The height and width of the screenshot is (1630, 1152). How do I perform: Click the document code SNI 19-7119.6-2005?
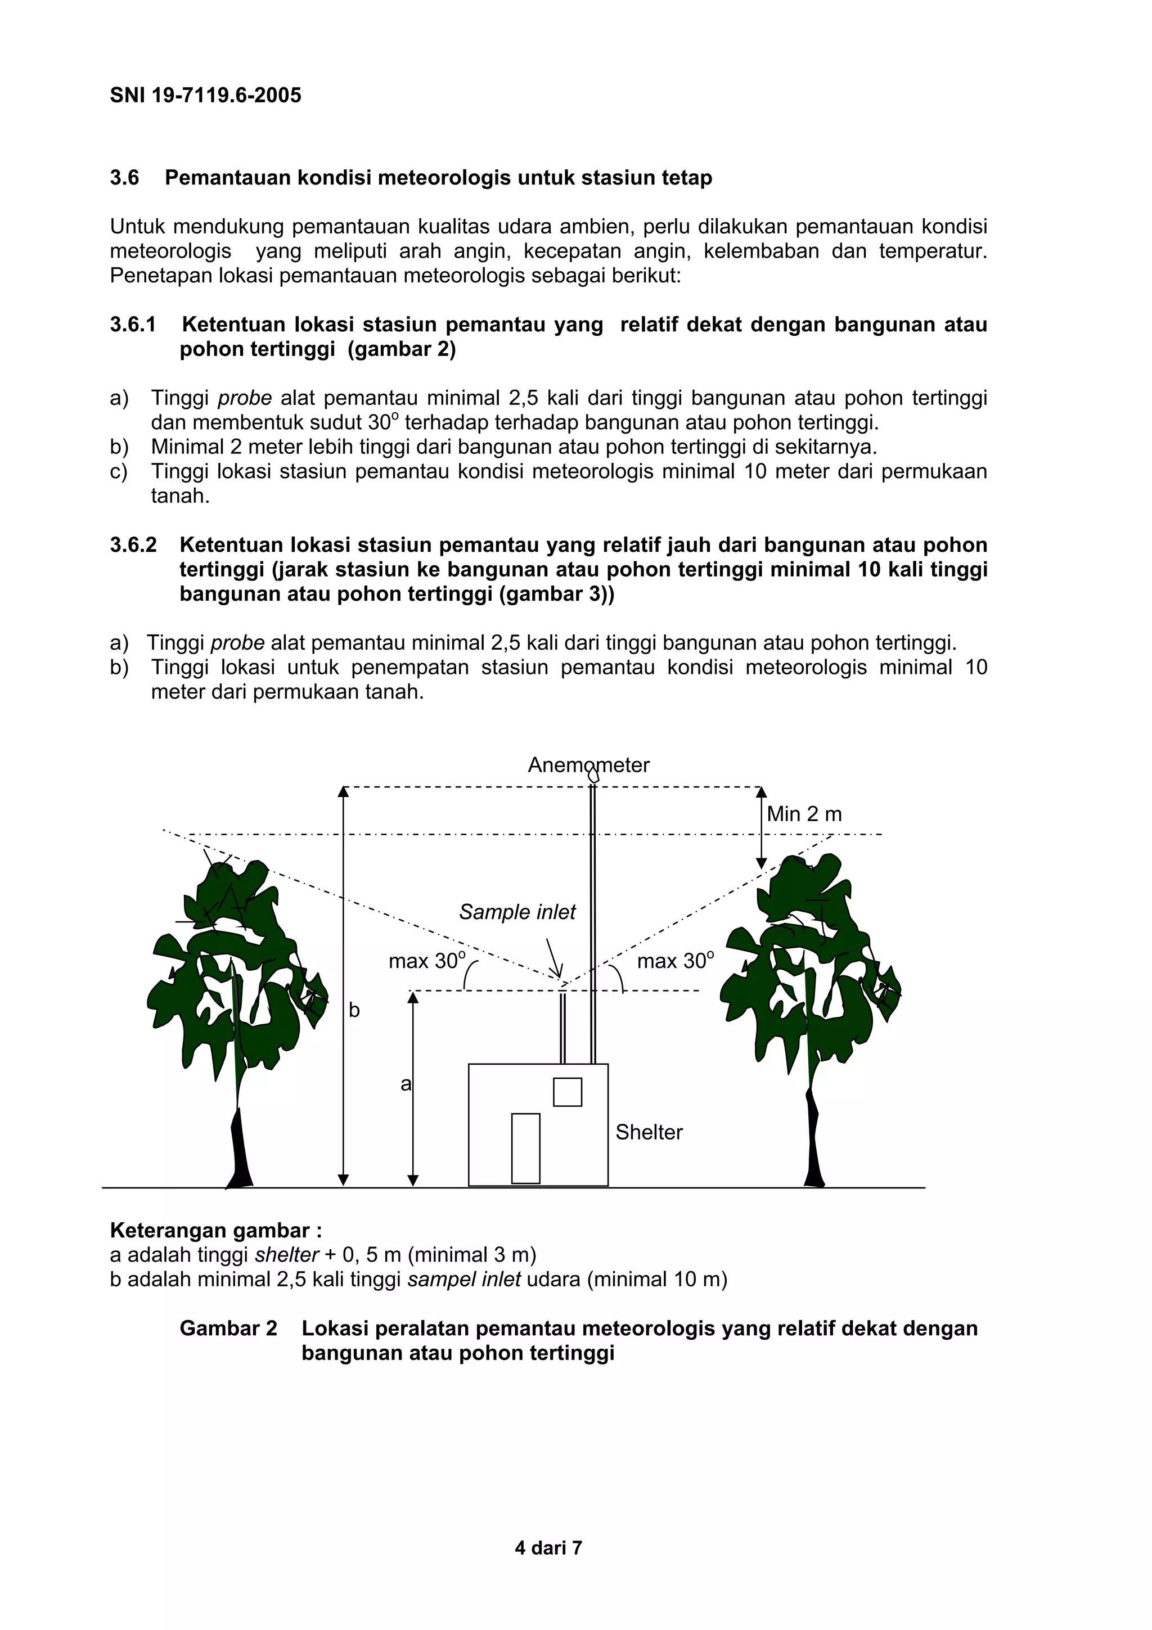[x=205, y=95]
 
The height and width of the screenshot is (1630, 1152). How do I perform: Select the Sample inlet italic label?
[x=517, y=912]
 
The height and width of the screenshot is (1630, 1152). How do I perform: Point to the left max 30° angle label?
[x=426, y=961]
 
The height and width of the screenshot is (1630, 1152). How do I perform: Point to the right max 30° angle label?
[x=675, y=961]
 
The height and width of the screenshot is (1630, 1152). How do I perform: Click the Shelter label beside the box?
[x=648, y=1132]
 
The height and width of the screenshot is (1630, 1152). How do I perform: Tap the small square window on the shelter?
[x=567, y=1092]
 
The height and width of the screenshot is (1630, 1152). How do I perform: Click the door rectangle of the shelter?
[x=525, y=1148]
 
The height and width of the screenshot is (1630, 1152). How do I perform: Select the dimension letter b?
[x=354, y=1010]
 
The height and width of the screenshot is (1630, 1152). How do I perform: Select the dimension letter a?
[x=406, y=1084]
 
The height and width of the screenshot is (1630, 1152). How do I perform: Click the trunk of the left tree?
[x=240, y=1150]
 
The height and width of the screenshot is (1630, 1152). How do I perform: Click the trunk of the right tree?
[x=813, y=1150]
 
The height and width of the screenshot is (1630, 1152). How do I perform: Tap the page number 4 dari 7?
[x=548, y=1548]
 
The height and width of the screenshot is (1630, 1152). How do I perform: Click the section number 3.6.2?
[x=133, y=545]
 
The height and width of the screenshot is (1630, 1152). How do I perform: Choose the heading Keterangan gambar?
[x=215, y=1230]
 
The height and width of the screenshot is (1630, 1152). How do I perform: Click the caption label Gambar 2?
[x=228, y=1329]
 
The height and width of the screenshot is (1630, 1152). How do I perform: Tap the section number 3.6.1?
[x=133, y=325]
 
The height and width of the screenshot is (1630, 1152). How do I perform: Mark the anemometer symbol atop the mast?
[x=593, y=776]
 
